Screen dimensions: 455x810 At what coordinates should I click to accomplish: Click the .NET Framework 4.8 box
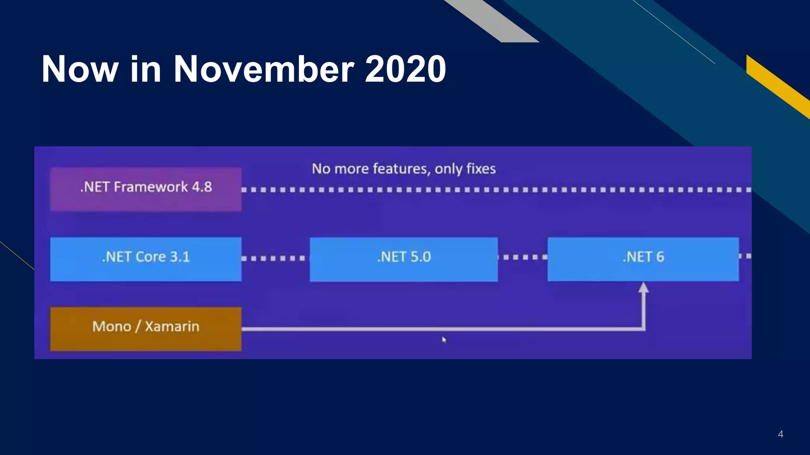point(146,189)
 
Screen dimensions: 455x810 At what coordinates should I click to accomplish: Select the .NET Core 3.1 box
point(146,259)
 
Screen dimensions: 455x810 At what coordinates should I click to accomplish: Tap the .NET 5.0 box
point(403,259)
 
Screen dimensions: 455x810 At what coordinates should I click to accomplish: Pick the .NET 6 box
point(643,259)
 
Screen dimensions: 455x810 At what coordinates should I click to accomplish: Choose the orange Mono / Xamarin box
point(146,329)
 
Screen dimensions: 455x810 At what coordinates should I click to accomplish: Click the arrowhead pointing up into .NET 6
point(643,288)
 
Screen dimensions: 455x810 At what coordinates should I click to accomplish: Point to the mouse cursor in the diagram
point(444,339)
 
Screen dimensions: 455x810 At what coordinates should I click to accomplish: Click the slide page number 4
point(780,434)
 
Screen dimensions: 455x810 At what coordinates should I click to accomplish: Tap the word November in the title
point(264,69)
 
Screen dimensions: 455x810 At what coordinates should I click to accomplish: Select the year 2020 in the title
point(405,69)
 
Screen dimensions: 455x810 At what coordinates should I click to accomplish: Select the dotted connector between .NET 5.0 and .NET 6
point(522,257)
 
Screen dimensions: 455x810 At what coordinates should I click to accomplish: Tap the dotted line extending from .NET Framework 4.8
point(494,190)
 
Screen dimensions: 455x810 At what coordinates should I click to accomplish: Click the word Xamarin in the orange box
point(172,327)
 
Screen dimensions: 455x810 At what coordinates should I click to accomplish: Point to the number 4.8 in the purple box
point(202,187)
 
